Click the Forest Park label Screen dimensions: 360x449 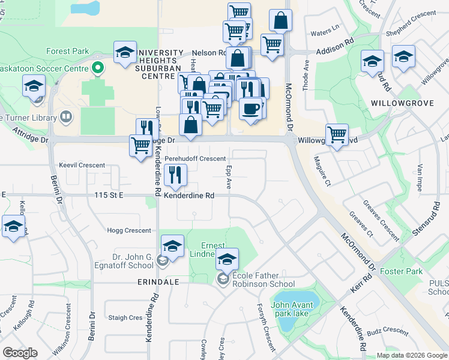(x=71, y=52)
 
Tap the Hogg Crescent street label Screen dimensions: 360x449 (x=128, y=230)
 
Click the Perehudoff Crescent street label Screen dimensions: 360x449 (x=195, y=158)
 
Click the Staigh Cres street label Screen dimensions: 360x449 (x=125, y=317)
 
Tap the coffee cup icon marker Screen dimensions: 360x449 (x=250, y=109)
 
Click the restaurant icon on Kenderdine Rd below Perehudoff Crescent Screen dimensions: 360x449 (x=175, y=175)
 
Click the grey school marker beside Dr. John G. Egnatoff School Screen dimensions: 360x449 (x=162, y=260)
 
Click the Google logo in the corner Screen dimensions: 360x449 (x=20, y=353)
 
